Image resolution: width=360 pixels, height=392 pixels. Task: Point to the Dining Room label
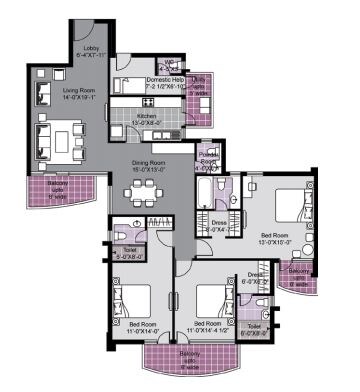pos(152,165)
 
